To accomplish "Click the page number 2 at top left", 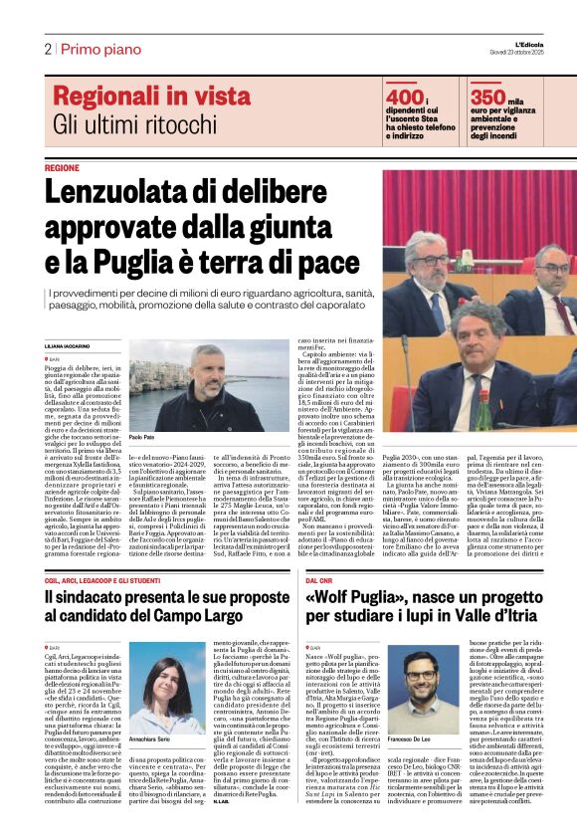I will click(48, 49).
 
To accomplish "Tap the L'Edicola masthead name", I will click(543, 41).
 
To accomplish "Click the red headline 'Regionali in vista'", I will click(151, 97).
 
